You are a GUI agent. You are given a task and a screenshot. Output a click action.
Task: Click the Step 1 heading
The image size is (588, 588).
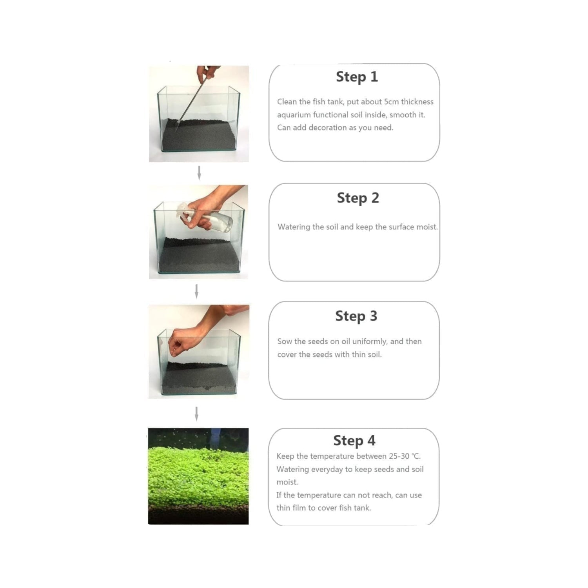[357, 77]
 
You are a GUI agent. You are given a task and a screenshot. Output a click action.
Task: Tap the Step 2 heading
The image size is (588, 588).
[358, 198]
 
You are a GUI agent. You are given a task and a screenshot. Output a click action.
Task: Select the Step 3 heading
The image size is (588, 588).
[356, 316]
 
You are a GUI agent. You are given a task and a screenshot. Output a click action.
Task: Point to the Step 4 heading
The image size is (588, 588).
[354, 441]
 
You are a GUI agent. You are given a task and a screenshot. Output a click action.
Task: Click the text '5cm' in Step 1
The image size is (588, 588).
[391, 102]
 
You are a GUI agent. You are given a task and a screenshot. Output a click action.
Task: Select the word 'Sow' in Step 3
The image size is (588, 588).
[284, 341]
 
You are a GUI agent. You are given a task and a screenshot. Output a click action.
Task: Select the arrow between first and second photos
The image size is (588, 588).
[199, 173]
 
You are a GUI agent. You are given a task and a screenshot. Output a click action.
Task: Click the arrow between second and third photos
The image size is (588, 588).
[197, 291]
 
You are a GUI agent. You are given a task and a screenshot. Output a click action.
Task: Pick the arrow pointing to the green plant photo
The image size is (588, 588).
[197, 414]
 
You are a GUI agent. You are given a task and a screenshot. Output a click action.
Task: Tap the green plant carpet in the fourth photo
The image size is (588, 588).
[198, 476]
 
